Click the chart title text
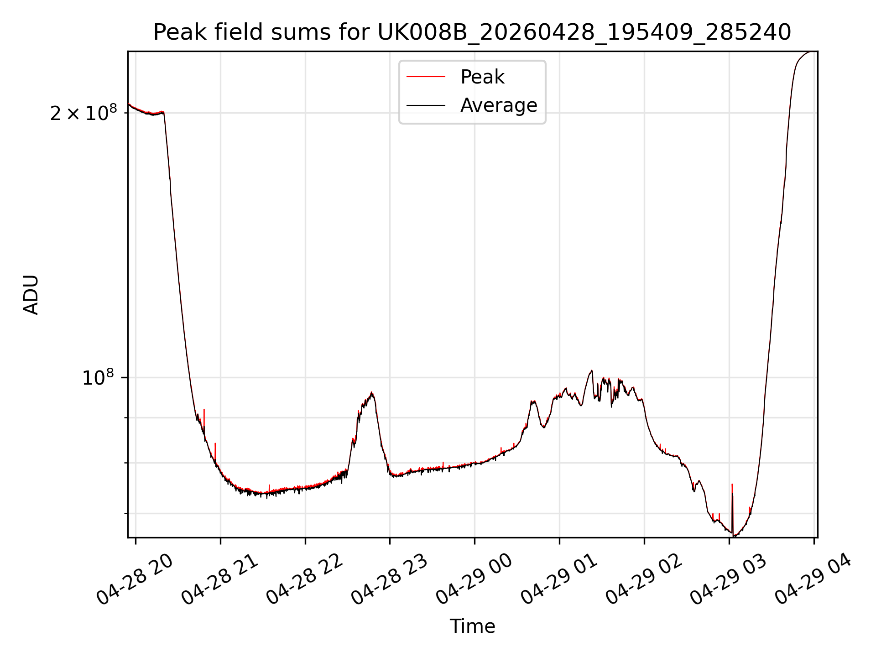coord(472,32)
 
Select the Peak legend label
coord(482,77)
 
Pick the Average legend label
coord(499,105)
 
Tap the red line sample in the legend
coord(426,77)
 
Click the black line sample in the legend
coord(426,105)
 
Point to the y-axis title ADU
coord(31,295)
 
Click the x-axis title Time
coord(472,626)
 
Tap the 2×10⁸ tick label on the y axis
coord(83,113)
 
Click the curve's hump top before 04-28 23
coord(372,393)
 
